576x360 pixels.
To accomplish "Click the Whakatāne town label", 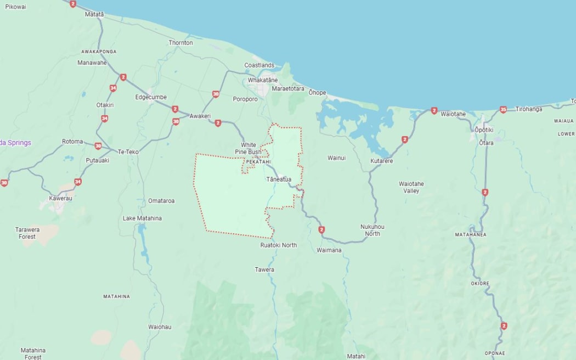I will click(x=263, y=80).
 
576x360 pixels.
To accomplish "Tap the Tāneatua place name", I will click(x=279, y=179).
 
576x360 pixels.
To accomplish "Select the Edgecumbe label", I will click(x=151, y=97).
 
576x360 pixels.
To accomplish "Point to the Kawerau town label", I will click(x=60, y=198).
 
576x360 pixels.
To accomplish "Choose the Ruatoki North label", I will click(x=279, y=245).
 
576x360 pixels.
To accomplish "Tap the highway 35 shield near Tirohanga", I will click(x=503, y=110).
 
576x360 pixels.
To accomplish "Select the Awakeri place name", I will click(x=200, y=116).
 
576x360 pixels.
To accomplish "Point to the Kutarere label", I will click(x=382, y=161).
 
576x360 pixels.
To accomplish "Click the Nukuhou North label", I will click(x=372, y=230).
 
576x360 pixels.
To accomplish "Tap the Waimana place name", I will click(x=329, y=250).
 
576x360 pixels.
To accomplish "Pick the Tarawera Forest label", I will click(x=26, y=233).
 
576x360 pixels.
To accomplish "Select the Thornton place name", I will click(x=180, y=43).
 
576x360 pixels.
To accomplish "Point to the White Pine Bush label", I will click(x=248, y=148).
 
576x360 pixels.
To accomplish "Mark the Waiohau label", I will click(x=160, y=327).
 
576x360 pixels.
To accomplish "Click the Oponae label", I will click(x=495, y=353).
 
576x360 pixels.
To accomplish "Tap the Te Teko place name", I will click(x=128, y=151).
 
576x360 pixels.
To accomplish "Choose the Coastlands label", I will click(x=259, y=65).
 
